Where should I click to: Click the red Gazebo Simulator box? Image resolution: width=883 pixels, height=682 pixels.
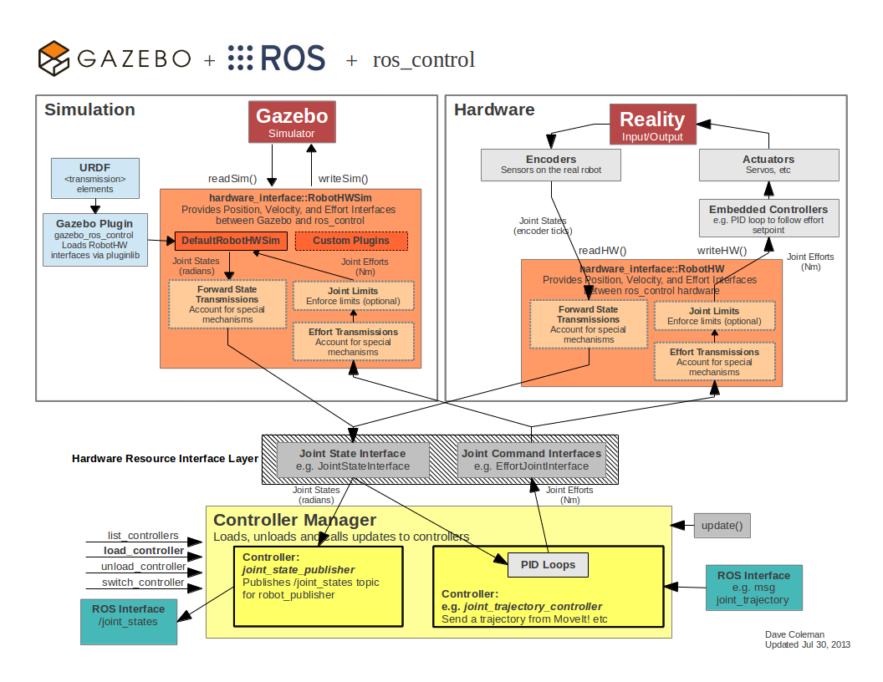[x=292, y=122]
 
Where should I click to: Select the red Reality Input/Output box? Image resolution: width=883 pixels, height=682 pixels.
[x=652, y=125]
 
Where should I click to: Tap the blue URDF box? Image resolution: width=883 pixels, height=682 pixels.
[x=94, y=177]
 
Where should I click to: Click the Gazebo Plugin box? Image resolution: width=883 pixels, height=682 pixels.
[x=94, y=240]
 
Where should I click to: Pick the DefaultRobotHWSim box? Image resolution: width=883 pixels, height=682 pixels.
[x=232, y=241]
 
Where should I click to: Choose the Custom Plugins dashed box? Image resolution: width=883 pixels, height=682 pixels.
[x=350, y=241]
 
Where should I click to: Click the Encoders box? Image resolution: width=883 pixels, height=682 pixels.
[x=550, y=165]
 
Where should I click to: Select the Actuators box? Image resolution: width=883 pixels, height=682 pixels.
[x=768, y=165]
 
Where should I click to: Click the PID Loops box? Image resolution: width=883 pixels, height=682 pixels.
[x=548, y=565]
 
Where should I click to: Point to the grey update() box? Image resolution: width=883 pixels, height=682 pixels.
[x=722, y=527]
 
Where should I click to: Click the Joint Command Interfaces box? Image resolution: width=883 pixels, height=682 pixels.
[x=531, y=460]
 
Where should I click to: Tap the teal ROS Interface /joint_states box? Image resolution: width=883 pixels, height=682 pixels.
[x=130, y=621]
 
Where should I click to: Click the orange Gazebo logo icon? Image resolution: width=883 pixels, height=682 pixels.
[x=54, y=59]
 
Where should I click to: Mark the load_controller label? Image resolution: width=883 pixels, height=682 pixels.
[x=144, y=551]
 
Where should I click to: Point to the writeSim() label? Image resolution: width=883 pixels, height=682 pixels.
[x=343, y=178]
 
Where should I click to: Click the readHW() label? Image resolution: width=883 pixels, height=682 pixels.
[x=602, y=250]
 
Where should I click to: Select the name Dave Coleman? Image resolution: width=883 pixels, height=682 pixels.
[x=794, y=635]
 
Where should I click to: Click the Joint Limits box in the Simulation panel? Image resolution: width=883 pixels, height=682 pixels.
[x=353, y=296]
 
